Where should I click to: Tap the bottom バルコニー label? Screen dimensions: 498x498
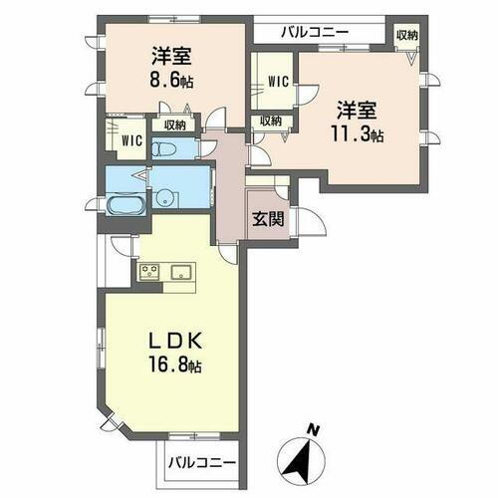click(201, 462)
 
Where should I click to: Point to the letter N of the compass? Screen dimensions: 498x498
click(314, 429)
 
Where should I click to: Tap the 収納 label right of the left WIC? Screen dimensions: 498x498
click(173, 124)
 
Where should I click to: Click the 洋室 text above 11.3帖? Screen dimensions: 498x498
click(356, 108)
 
